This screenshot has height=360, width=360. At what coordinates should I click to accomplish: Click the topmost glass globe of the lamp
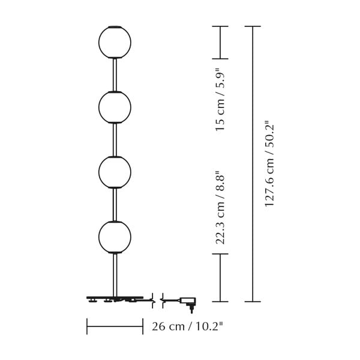[115, 42]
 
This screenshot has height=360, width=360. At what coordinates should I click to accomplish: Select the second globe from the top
[115, 107]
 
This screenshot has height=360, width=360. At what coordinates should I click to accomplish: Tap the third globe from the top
[115, 172]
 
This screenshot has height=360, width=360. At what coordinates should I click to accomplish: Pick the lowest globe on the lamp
[115, 236]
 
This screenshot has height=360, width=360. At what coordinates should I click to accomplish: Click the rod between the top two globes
[115, 74]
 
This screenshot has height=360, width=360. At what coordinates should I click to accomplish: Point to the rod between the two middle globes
[115, 139]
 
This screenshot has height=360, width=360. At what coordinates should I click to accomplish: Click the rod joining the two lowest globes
[115, 204]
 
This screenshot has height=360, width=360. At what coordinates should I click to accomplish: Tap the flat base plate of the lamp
[115, 297]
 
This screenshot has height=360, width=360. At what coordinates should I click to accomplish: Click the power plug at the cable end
[188, 302]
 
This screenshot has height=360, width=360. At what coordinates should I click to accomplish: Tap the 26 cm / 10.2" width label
[187, 327]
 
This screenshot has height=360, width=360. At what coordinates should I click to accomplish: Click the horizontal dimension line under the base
[115, 326]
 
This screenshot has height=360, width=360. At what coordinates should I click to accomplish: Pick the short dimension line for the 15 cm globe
[220, 43]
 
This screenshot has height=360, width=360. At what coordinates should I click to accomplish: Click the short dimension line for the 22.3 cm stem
[220, 277]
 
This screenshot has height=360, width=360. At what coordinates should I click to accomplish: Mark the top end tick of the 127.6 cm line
[253, 26]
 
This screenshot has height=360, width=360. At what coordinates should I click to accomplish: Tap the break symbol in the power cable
[158, 299]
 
